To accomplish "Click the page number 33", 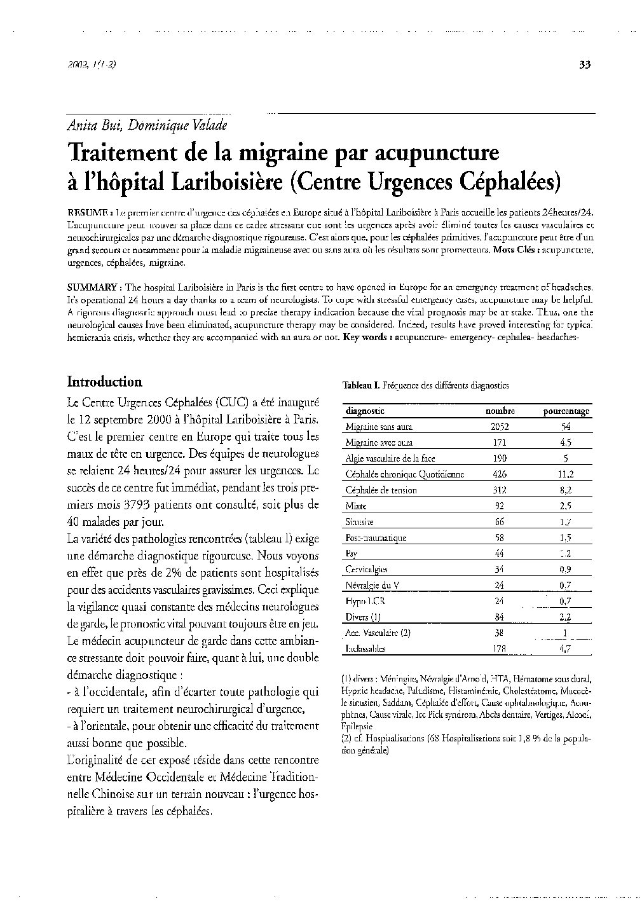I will pos(585,64).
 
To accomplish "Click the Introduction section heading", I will pos(105,382).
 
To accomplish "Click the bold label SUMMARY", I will pos(92,288).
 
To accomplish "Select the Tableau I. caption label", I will pos(361,385).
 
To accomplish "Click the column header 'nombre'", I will pos(500,411).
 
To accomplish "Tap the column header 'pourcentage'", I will pos(566,411).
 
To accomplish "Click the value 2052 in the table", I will pos(500,427).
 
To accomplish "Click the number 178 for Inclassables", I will pos(500,649).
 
